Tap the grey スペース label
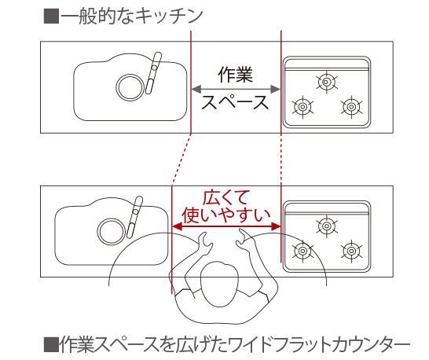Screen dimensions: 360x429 (235, 102)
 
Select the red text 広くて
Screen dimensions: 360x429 (226, 196)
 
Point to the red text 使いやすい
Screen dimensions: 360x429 (226, 214)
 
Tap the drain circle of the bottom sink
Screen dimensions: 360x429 (108, 230)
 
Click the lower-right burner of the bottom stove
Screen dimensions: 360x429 (350, 252)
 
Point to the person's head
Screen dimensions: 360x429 (222, 281)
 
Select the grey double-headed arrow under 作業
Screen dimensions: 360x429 (236, 87)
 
